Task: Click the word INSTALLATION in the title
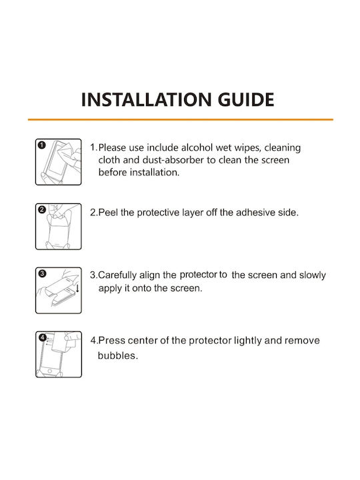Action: tap(146, 99)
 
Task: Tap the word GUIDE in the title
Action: tap(246, 99)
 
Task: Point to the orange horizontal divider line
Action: tap(181, 119)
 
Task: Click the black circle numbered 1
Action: tap(42, 145)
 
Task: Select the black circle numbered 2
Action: tap(42, 210)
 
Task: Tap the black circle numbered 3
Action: tap(42, 273)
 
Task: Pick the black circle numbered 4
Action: tap(43, 337)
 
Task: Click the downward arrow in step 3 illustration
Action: tap(77, 288)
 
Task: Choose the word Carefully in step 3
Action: tap(117, 275)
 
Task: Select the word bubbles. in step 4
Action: tap(118, 355)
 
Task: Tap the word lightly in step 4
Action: tap(247, 341)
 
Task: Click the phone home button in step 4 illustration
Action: tap(50, 371)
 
